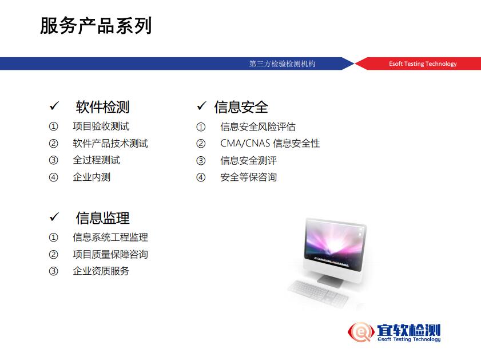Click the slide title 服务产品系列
pyautogui.click(x=96, y=26)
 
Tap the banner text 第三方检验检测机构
pyautogui.click(x=282, y=64)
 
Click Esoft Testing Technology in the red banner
pyautogui.click(x=423, y=64)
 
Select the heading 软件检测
pyautogui.click(x=102, y=107)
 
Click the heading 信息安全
pyautogui.click(x=241, y=107)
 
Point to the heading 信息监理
pyautogui.click(x=102, y=218)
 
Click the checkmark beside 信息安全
pyautogui.click(x=201, y=105)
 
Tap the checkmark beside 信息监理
pyautogui.click(x=54, y=217)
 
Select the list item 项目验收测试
pyautogui.click(x=101, y=126)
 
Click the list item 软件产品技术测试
pyautogui.click(x=110, y=143)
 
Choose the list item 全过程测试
pyautogui.click(x=96, y=160)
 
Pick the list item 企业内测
pyautogui.click(x=92, y=177)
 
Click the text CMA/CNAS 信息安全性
pyautogui.click(x=270, y=143)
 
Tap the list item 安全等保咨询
pyautogui.click(x=248, y=177)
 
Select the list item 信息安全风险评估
pyautogui.click(x=258, y=126)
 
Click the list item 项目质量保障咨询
pyautogui.click(x=110, y=255)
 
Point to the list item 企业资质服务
pyautogui.click(x=101, y=271)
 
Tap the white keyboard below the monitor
pyautogui.click(x=319, y=293)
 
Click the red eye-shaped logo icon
pyautogui.click(x=361, y=332)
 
